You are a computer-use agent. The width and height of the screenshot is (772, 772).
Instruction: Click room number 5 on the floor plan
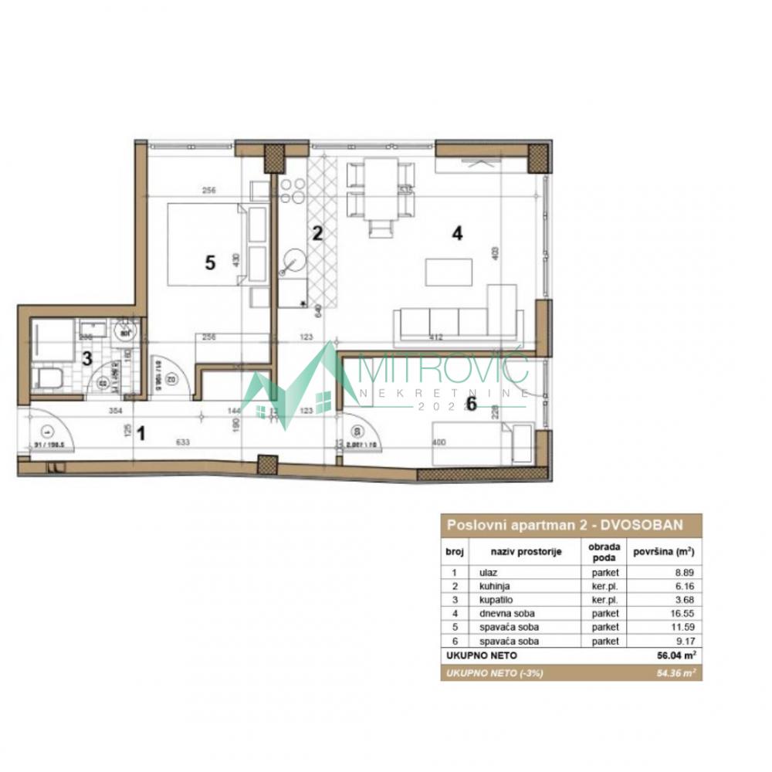(x=209, y=262)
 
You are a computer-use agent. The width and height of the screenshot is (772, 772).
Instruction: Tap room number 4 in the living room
(x=458, y=235)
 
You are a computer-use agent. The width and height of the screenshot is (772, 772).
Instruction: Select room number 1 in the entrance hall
(x=141, y=433)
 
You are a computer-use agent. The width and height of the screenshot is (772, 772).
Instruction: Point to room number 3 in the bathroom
(x=87, y=358)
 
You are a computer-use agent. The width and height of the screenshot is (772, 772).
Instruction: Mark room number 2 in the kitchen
(x=316, y=232)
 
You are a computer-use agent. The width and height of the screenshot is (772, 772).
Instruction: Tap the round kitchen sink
(x=294, y=260)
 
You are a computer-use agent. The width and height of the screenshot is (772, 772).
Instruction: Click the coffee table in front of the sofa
(x=449, y=272)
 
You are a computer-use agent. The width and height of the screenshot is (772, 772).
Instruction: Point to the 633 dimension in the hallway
(x=183, y=442)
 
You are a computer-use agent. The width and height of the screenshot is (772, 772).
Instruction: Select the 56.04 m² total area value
(x=675, y=655)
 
